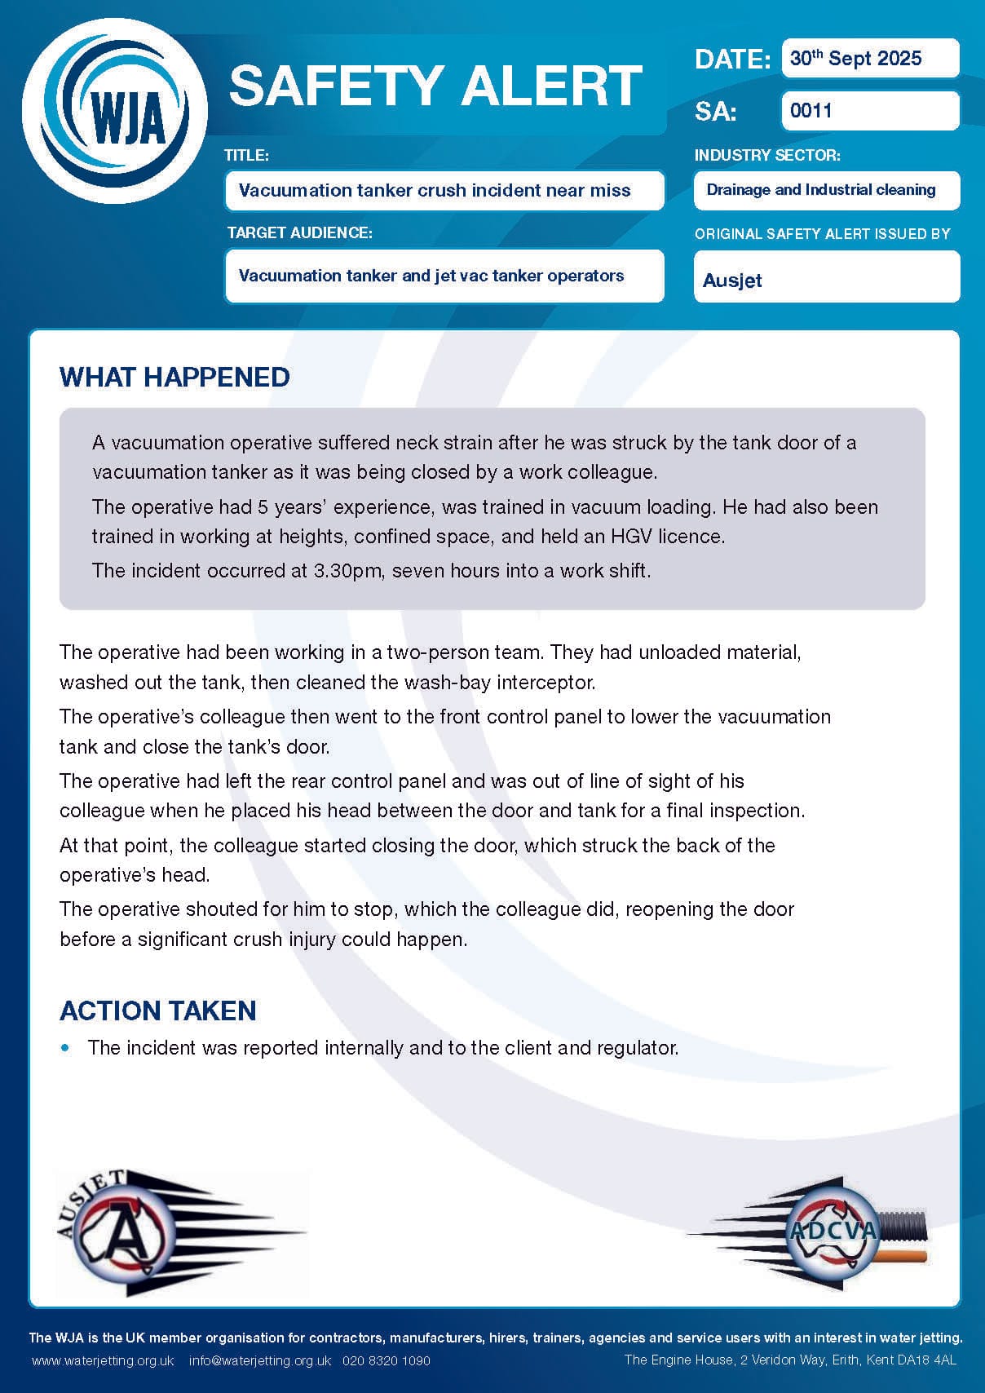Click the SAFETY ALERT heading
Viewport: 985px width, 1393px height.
point(435,86)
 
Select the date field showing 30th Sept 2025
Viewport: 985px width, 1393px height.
point(869,59)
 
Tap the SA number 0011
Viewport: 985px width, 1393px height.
point(811,110)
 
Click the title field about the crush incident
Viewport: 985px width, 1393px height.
point(444,191)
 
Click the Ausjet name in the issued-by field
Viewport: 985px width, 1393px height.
point(732,281)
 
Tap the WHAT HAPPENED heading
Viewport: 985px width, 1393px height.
point(174,377)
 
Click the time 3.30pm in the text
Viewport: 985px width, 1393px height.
point(347,570)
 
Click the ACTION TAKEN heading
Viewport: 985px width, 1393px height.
point(158,1010)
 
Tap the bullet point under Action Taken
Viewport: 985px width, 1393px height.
point(66,1047)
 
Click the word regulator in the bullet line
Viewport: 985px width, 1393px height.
point(638,1047)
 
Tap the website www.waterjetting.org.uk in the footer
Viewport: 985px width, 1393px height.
point(104,1360)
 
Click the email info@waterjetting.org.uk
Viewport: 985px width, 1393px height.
point(260,1360)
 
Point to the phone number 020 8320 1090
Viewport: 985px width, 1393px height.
point(386,1360)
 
